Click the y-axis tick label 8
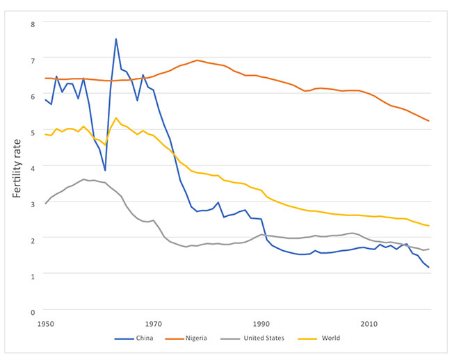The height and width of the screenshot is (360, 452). [x=31, y=23]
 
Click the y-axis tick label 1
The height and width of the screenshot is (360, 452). [x=31, y=274]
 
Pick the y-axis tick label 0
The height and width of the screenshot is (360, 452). [x=31, y=310]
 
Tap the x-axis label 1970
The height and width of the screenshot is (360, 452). [x=154, y=324]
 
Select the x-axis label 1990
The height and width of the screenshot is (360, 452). [x=261, y=324]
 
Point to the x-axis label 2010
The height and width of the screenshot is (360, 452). [x=369, y=324]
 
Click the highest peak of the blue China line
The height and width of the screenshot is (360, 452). [x=115, y=39]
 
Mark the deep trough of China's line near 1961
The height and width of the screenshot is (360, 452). [x=105, y=170]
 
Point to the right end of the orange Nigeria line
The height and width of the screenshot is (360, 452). [x=429, y=122]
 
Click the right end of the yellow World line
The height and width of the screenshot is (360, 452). [x=429, y=226]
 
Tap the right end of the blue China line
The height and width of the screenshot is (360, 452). [x=429, y=268]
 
